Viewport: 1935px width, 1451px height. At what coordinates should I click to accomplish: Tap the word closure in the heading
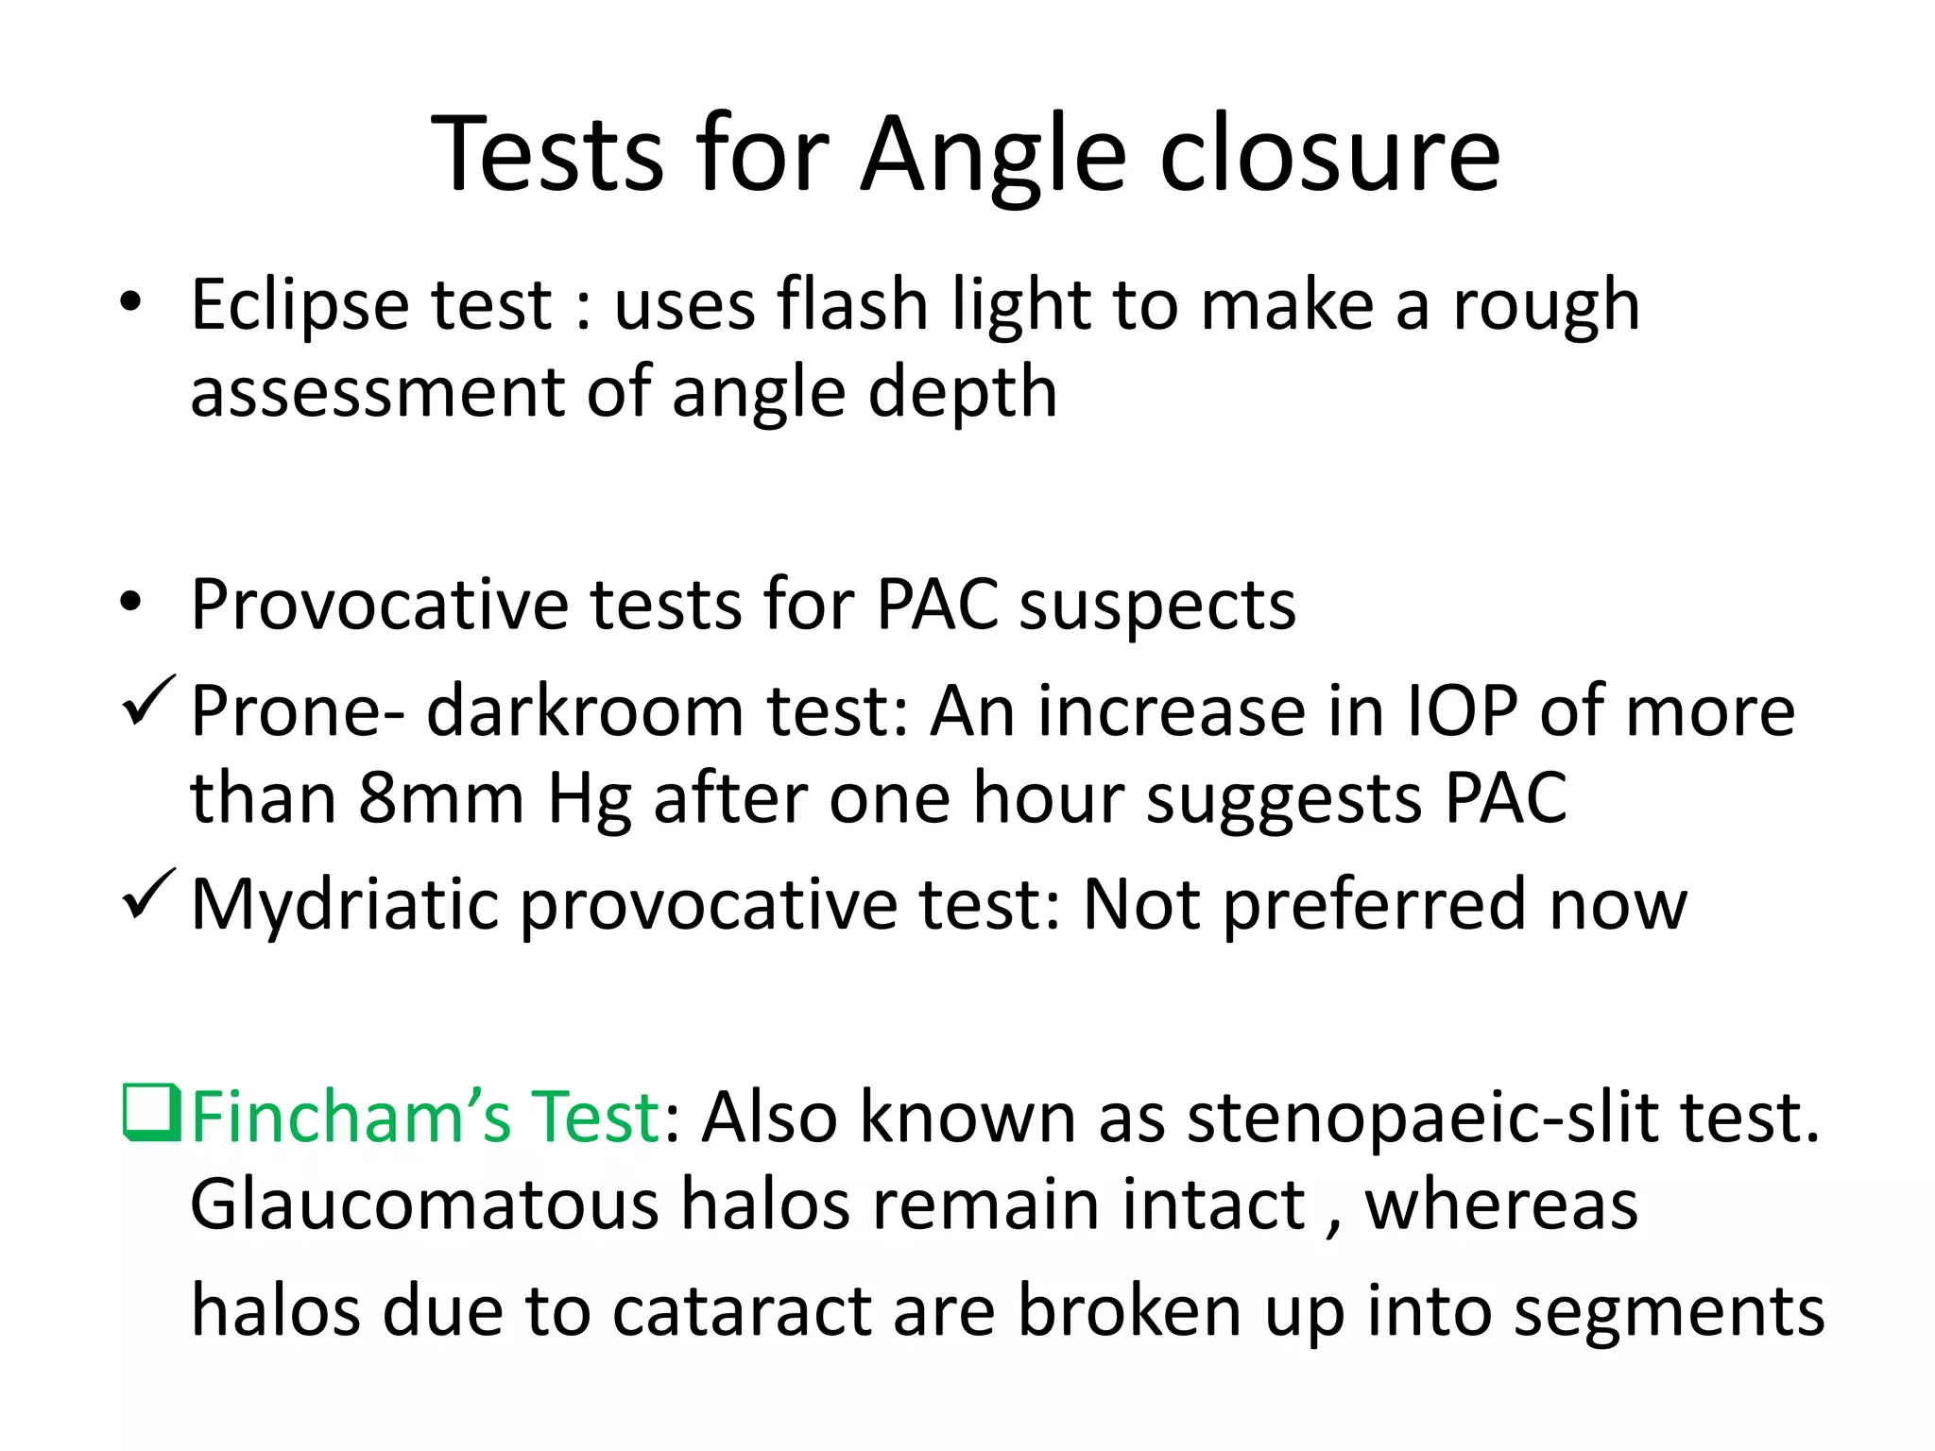1329,154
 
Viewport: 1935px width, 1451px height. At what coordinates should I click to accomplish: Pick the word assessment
376,393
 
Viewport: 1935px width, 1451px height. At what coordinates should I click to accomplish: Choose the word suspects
1157,605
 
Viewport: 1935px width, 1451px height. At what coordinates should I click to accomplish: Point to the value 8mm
441,799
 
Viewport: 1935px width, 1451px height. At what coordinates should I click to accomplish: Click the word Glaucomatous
424,1205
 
